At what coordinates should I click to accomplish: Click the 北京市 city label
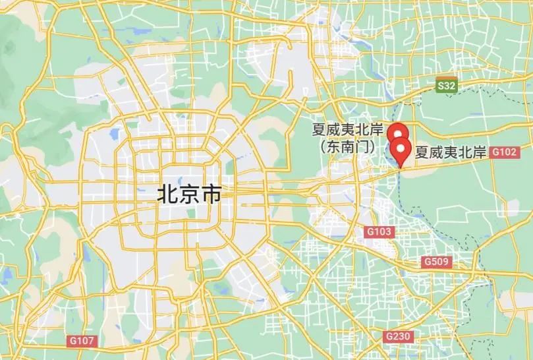click(x=188, y=195)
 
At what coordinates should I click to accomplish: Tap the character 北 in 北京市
click(x=167, y=195)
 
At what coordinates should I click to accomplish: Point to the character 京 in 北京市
click(x=189, y=195)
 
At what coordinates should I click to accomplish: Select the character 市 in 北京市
click(x=210, y=195)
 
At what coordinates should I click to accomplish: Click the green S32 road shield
click(x=447, y=86)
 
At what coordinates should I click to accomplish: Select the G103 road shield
click(x=379, y=231)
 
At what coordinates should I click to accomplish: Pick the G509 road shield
click(x=436, y=262)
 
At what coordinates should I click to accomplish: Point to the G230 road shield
click(x=398, y=336)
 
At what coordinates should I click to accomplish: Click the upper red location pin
click(x=396, y=132)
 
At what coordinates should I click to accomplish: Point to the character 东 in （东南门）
click(x=333, y=146)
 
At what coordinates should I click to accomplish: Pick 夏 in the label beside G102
click(x=421, y=152)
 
